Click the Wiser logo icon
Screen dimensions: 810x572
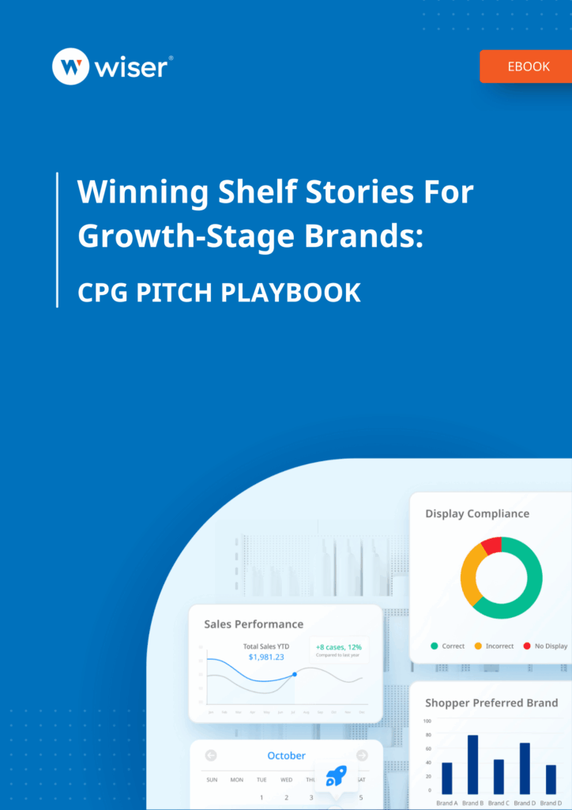tap(70, 67)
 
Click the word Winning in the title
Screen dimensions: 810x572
tap(132, 192)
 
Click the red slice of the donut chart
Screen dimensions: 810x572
tap(491, 545)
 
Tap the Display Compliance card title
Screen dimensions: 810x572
tap(477, 513)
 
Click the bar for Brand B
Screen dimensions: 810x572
tap(472, 764)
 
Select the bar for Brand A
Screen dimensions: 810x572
tap(446, 778)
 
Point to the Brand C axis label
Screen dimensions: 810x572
tap(499, 803)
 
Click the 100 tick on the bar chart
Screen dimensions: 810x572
tap(427, 721)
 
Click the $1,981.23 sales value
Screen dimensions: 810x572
tap(266, 657)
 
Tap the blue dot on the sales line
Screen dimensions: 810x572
tap(295, 674)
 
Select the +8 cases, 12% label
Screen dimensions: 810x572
tap(338, 646)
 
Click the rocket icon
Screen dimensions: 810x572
tap(335, 776)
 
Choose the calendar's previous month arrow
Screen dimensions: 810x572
tap(211, 755)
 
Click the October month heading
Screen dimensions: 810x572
tap(286, 755)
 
